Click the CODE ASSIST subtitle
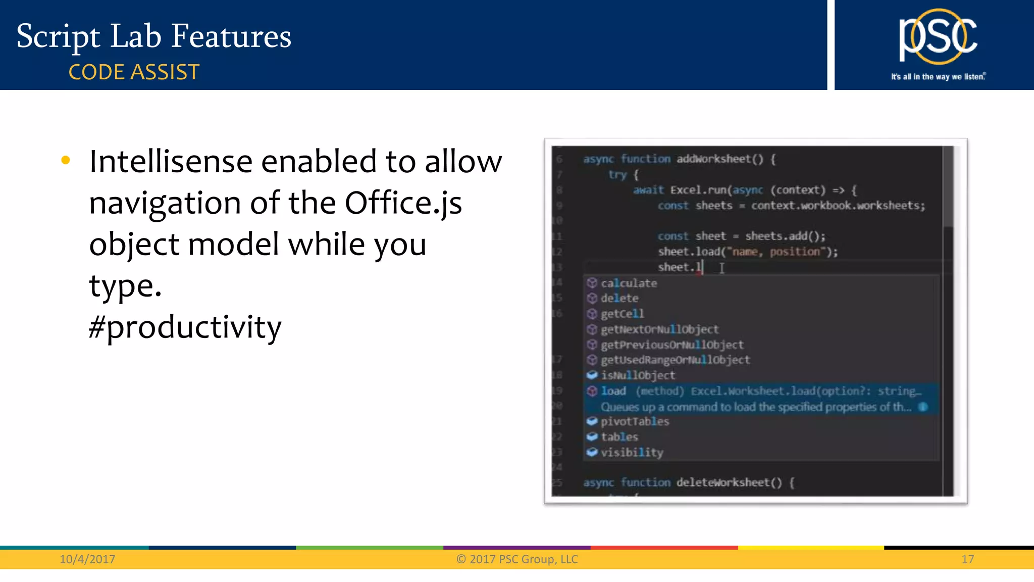[134, 72]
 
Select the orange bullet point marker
[66, 161]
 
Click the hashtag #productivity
[185, 327]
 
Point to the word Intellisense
[171, 162]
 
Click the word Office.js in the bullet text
[403, 203]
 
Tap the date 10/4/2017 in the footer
[87, 559]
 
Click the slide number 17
[967, 559]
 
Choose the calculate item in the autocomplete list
[629, 283]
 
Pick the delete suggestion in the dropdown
[619, 299]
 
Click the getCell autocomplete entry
[622, 314]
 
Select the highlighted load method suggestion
[613, 391]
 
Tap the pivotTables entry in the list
[635, 421]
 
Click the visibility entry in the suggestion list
[632, 453]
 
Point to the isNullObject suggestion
[638, 375]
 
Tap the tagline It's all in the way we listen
[938, 77]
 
